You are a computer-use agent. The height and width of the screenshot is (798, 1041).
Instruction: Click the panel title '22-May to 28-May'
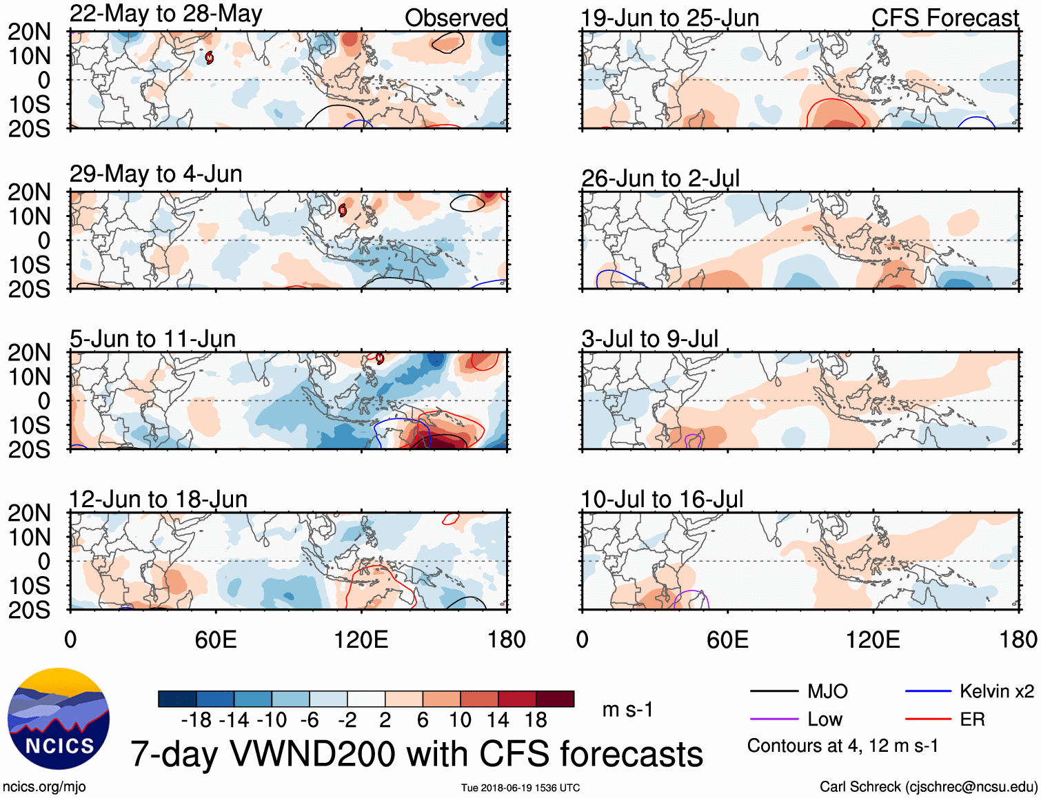(x=165, y=14)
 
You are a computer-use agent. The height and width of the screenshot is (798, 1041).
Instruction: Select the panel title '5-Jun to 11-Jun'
(x=152, y=339)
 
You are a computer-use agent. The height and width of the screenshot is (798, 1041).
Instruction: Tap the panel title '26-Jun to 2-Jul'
(x=660, y=178)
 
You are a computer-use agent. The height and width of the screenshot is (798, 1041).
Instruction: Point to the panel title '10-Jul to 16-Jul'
(x=662, y=500)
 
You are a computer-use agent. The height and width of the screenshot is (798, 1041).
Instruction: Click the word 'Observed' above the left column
(x=456, y=18)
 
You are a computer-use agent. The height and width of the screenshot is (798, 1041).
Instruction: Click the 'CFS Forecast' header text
(x=944, y=18)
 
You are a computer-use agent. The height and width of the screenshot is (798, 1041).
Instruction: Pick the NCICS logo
(x=59, y=719)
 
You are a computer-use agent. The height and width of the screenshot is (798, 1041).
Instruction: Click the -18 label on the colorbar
(x=196, y=720)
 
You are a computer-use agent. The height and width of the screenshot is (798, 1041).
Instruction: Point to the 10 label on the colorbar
(x=460, y=720)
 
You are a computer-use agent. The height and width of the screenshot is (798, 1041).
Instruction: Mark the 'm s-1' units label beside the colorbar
(x=627, y=710)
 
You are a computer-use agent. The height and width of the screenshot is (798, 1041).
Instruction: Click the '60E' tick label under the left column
(x=216, y=640)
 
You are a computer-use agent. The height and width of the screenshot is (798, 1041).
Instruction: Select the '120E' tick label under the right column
(x=873, y=640)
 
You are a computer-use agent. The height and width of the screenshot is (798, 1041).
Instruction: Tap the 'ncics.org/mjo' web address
(x=44, y=787)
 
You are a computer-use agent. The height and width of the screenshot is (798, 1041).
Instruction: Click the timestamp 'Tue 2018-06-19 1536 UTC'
(x=520, y=788)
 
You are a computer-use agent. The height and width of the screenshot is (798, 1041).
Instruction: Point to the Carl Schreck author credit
(x=928, y=787)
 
